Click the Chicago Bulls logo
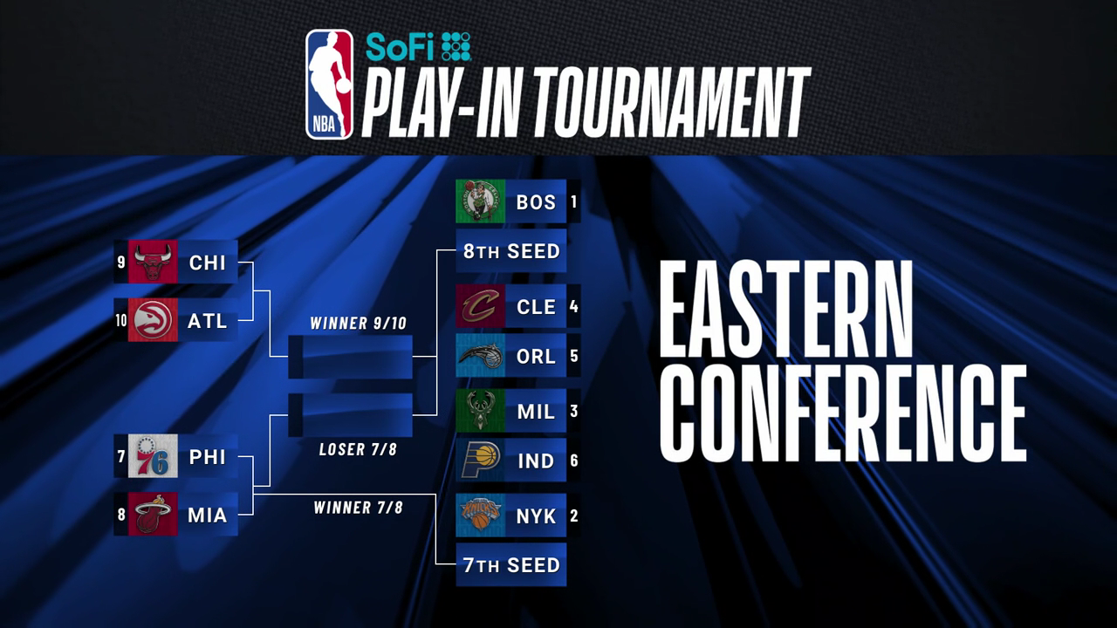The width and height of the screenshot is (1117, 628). click(153, 262)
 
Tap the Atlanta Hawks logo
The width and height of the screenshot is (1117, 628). click(153, 320)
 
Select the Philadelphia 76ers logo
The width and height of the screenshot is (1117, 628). click(153, 456)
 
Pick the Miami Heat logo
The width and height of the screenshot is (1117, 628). click(153, 515)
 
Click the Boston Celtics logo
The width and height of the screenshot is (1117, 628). click(480, 201)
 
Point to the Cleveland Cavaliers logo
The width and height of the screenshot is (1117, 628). click(480, 305)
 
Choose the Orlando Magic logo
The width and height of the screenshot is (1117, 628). click(480, 355)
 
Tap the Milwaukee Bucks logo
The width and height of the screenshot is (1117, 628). click(480, 410)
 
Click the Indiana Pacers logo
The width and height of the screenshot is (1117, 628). click(480, 460)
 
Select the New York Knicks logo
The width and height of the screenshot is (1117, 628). click(480, 515)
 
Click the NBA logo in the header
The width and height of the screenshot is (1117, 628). click(329, 85)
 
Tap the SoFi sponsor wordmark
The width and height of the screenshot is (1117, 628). click(418, 46)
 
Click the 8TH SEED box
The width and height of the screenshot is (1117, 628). click(511, 250)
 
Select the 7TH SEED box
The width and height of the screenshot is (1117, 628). click(511, 564)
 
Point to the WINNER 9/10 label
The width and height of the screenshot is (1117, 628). click(359, 324)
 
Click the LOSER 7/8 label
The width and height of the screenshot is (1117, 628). click(358, 449)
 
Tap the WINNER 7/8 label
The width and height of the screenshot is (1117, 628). click(358, 508)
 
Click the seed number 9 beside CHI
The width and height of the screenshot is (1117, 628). click(121, 263)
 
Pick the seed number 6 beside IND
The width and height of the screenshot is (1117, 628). click(574, 460)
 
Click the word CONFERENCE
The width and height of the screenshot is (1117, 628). click(843, 413)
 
